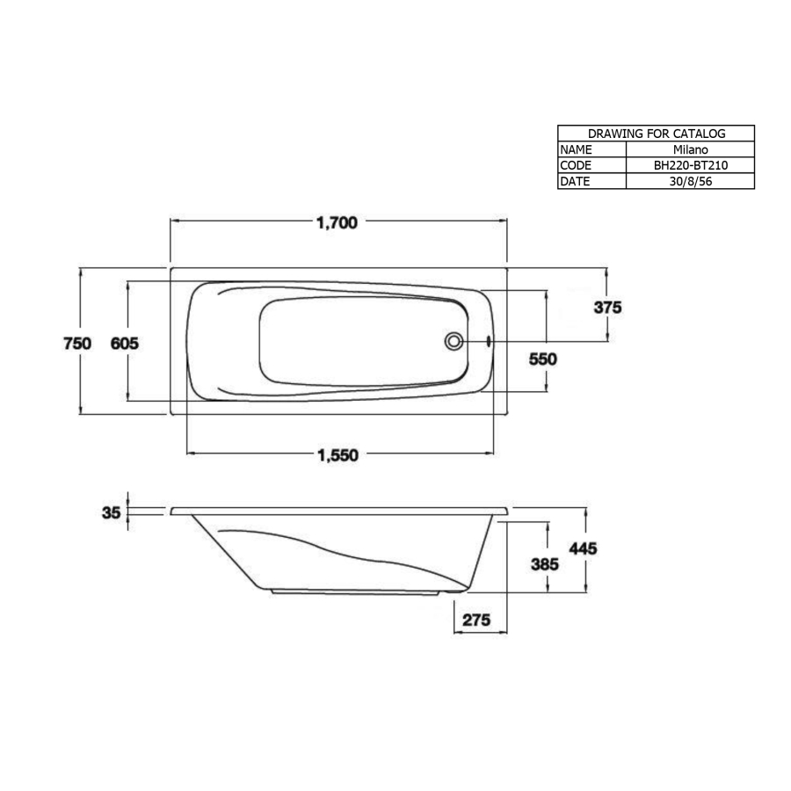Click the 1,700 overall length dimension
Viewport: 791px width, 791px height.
click(337, 223)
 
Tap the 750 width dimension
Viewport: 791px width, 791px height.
click(77, 344)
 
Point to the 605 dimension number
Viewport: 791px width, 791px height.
click(124, 344)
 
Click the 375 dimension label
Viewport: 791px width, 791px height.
click(607, 308)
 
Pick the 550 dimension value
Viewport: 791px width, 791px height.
click(542, 359)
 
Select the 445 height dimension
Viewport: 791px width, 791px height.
click(584, 548)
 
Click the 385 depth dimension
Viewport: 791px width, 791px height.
click(545, 564)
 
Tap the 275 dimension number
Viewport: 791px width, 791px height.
click(475, 620)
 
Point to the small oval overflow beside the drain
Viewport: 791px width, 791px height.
click(489, 341)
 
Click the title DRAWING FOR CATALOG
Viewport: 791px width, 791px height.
click(656, 134)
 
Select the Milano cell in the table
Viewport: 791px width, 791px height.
click(690, 149)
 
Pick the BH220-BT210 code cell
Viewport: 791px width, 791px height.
click(690, 165)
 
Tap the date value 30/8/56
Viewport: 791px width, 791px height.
click(690, 181)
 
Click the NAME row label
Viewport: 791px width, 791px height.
click(577, 149)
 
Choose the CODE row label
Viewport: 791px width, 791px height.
click(577, 165)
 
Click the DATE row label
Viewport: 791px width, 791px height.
click(577, 181)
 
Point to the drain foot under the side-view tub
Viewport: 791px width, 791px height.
click(454, 591)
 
